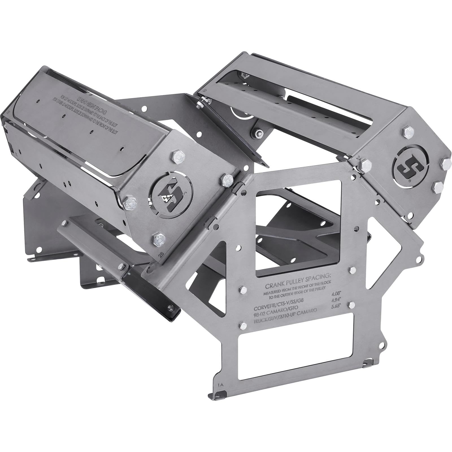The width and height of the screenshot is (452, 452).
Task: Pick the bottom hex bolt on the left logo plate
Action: point(157,239)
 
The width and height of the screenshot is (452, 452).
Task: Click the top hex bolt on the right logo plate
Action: point(409,134)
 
